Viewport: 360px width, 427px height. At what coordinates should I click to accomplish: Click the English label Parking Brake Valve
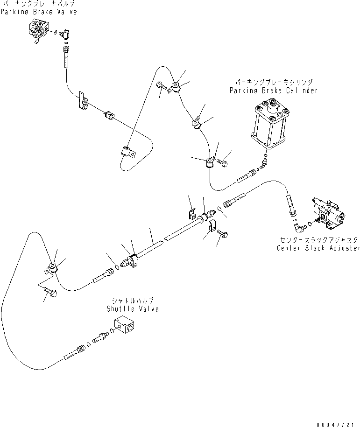click(x=39, y=12)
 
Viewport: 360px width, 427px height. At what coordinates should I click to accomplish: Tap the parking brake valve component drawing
click(x=39, y=30)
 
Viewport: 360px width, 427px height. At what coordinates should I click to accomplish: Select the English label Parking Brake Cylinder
click(x=273, y=91)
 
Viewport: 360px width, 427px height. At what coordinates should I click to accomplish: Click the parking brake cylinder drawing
click(x=270, y=125)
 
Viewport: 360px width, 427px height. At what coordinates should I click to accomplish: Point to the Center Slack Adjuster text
click(x=318, y=248)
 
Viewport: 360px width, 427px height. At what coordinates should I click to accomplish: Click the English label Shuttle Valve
click(x=133, y=309)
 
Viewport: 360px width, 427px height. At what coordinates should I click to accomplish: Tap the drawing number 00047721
click(x=335, y=424)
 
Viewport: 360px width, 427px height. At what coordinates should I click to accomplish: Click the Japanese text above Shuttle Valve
click(x=133, y=301)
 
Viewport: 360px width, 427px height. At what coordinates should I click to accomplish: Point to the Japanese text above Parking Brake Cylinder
click(x=274, y=82)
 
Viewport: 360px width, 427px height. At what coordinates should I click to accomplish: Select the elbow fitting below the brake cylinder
click(x=263, y=162)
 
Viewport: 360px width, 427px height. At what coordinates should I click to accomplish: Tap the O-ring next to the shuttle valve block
click(x=112, y=330)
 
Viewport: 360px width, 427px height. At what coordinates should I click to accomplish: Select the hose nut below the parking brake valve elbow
click(x=66, y=50)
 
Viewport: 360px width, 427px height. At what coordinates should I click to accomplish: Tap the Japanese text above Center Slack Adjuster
click(x=319, y=240)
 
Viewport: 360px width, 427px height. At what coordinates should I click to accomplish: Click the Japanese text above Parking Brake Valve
click(x=38, y=4)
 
